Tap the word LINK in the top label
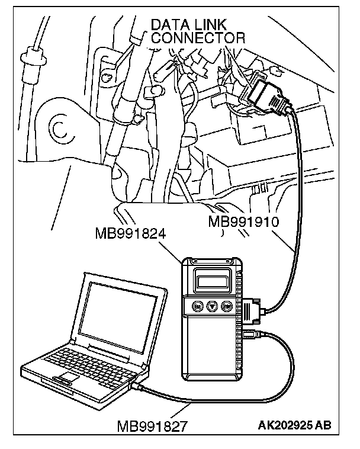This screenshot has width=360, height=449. click(216, 25)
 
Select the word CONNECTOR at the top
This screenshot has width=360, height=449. click(198, 38)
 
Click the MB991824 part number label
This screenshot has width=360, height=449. click(130, 232)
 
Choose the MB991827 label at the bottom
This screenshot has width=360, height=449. click(153, 426)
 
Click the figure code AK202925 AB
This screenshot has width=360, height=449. click(294, 425)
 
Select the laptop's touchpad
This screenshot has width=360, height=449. click(66, 378)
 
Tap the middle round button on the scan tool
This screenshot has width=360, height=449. click(212, 307)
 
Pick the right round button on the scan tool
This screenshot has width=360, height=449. click(226, 307)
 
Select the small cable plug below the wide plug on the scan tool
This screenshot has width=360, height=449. click(250, 335)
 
